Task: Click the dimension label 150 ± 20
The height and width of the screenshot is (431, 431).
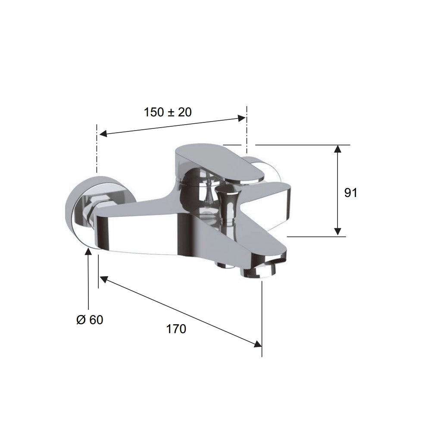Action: [168, 112]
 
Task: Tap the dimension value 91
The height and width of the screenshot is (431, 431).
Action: [351, 193]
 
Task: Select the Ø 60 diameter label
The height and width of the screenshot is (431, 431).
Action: [90, 320]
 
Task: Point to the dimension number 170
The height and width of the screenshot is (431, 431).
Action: [176, 329]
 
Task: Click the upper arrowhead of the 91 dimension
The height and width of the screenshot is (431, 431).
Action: [338, 149]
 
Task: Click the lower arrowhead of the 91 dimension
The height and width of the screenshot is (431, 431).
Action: [338, 232]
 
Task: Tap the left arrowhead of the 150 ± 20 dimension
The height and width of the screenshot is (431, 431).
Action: [103, 134]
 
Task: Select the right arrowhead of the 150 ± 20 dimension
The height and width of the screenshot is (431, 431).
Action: [241, 118]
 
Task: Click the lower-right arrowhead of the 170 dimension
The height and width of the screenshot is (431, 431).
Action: [257, 344]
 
